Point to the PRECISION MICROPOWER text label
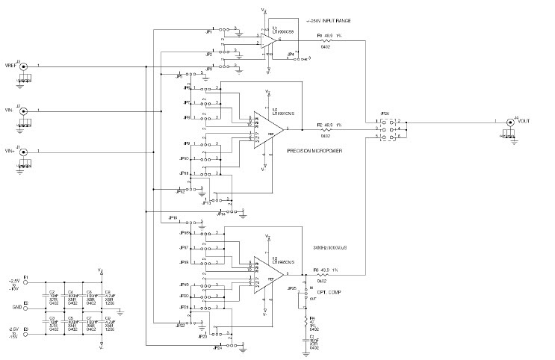click(314, 151)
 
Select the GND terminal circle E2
click(26, 308)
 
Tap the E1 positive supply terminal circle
click(26, 283)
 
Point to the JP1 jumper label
click(208, 32)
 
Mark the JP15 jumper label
click(173, 218)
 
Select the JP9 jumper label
click(186, 143)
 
